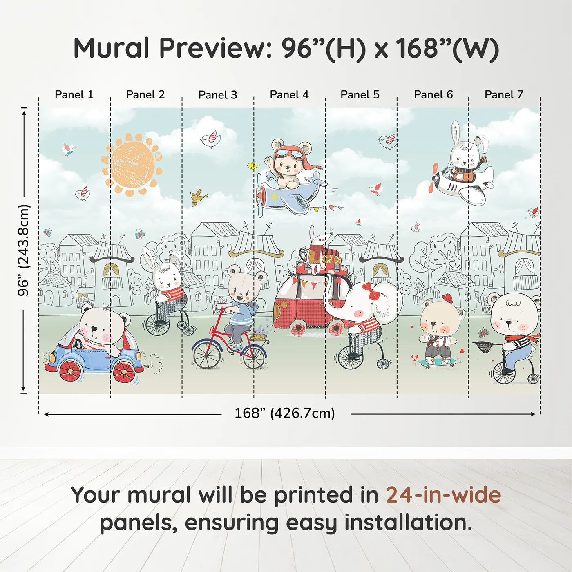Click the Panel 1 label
click(74, 95)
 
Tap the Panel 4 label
click(289, 95)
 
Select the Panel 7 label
click(504, 95)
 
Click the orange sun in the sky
click(132, 163)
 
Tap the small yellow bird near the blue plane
click(253, 166)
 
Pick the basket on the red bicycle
click(258, 336)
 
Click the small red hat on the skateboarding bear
click(448, 297)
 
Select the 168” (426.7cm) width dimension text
click(284, 413)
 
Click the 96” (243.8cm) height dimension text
click(24, 250)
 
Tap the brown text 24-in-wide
click(443, 495)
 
